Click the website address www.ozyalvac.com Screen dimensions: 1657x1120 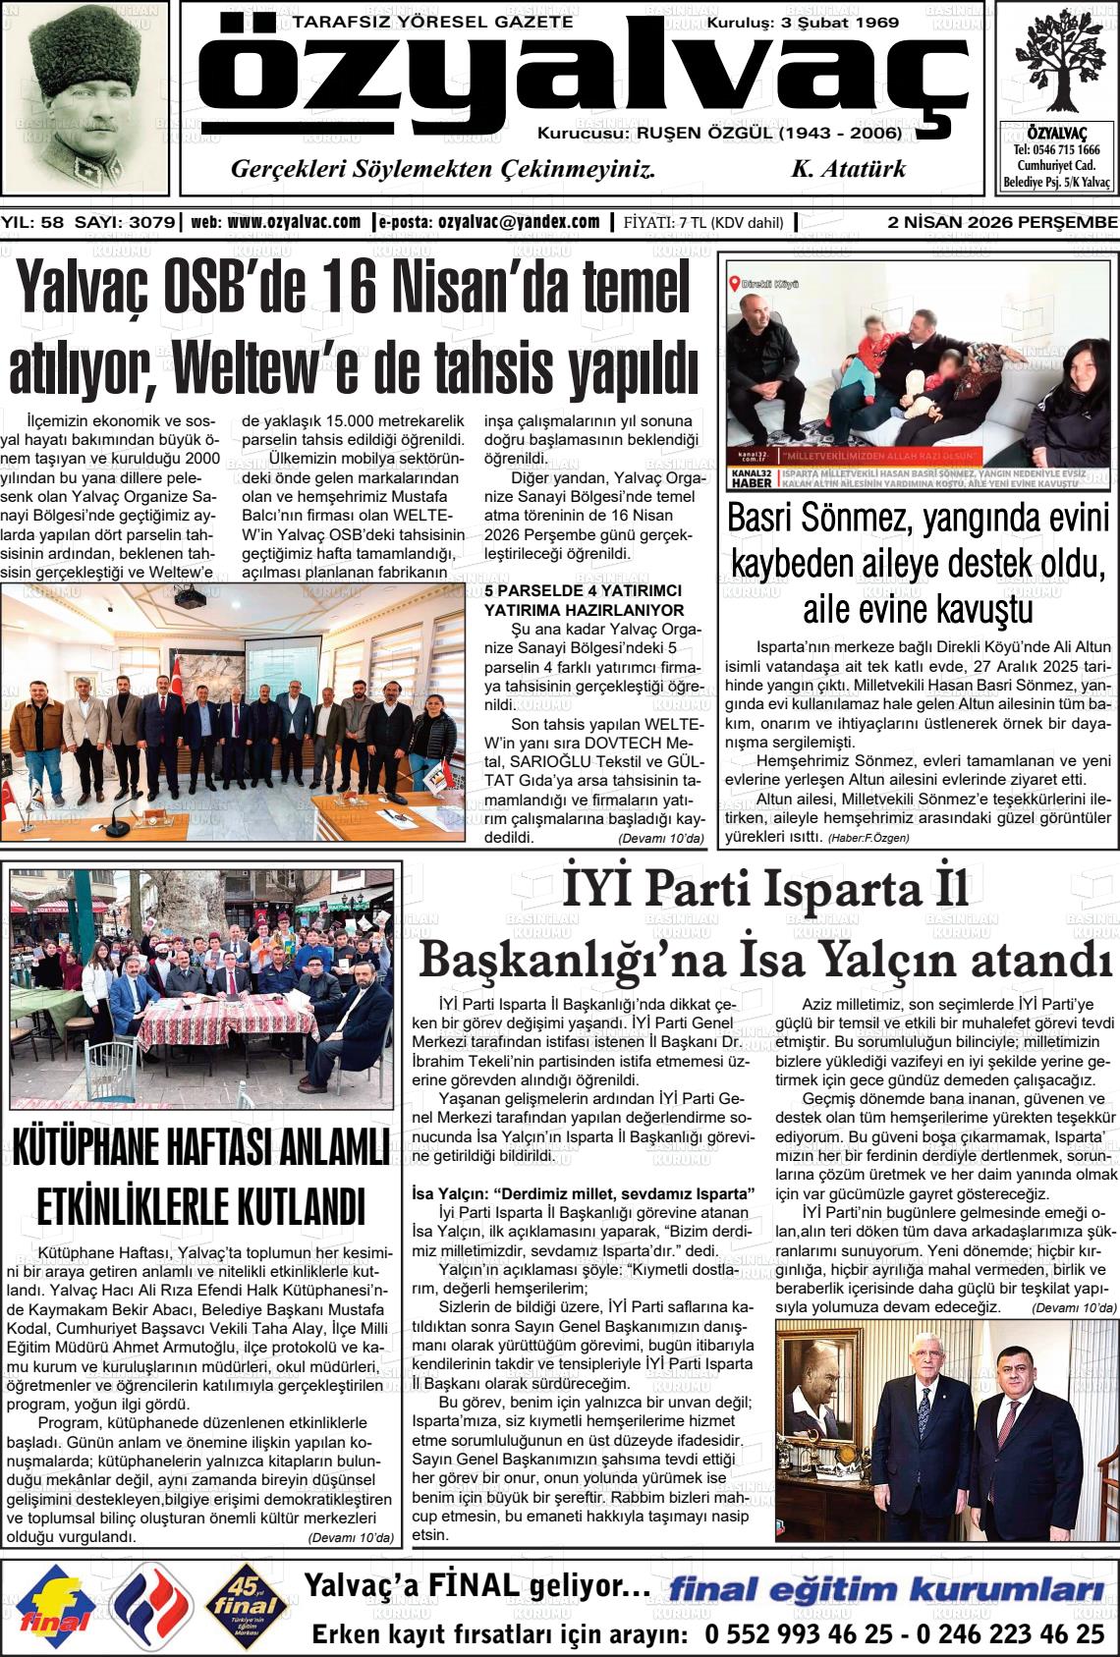tap(293, 222)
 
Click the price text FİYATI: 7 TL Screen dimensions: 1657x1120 tap(665, 223)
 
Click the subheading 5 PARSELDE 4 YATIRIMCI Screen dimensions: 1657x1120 tap(583, 590)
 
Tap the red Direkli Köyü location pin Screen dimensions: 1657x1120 tap(734, 284)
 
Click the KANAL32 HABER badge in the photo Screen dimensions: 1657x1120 tap(752, 478)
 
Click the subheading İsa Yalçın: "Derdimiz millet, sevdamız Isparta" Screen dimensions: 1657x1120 tap(583, 1193)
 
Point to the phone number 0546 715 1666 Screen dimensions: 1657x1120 tap(1056, 150)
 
